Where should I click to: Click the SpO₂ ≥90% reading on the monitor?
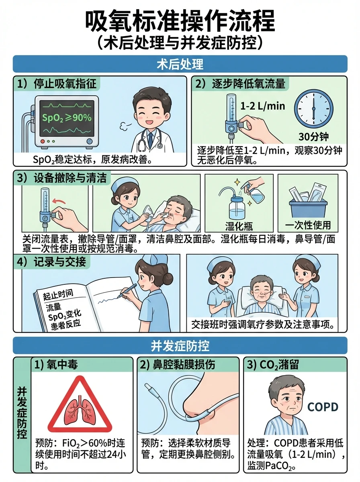67,118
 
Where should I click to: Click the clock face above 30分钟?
314,109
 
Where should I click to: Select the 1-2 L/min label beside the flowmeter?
263,106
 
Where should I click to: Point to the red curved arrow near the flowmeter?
59,201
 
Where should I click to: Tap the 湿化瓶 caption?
239,226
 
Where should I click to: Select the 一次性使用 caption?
308,225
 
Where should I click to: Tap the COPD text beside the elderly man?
323,407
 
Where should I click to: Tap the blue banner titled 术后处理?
180,64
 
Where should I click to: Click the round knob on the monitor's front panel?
89,141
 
